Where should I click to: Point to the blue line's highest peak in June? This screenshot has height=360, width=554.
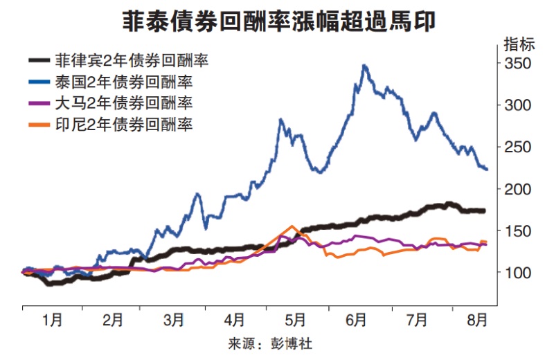click(x=364, y=65)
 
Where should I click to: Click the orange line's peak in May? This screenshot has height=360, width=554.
click(x=292, y=226)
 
